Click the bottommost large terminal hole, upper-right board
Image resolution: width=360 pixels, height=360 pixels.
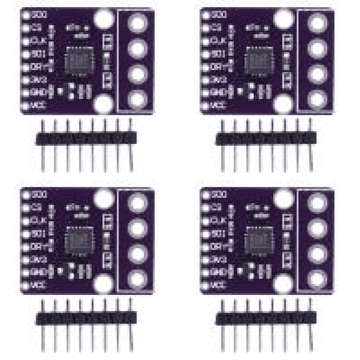[318, 99]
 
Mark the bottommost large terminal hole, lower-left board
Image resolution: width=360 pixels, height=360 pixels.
[138, 279]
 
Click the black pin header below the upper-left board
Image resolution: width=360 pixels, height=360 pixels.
[86, 138]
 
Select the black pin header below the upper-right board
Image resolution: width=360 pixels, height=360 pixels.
[266, 138]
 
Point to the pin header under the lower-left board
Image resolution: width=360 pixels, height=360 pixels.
[86, 318]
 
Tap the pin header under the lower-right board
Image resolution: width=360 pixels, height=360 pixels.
[266, 318]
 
